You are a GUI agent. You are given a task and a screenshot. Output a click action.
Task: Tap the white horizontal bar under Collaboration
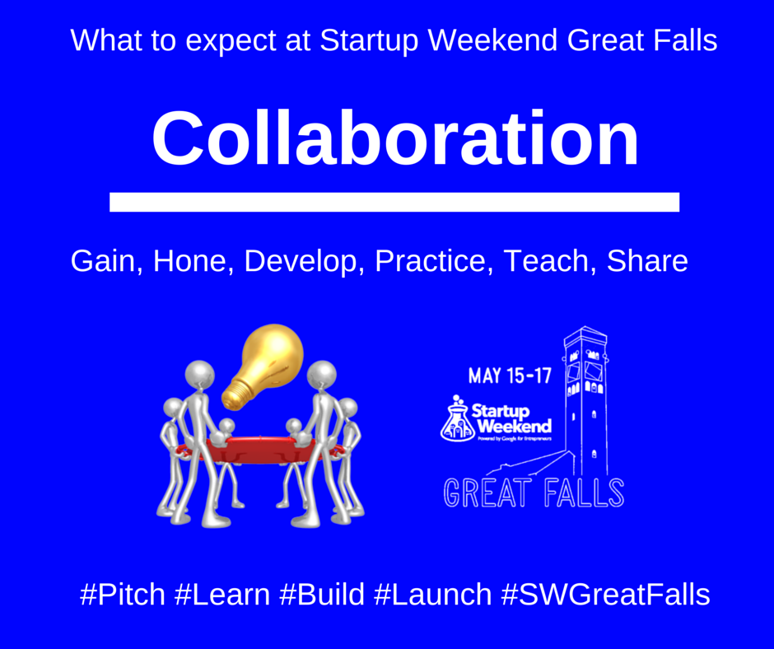tap(394, 202)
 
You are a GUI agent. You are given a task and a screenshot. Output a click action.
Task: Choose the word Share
tap(646, 262)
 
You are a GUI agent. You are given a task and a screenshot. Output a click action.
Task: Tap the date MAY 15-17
tap(510, 376)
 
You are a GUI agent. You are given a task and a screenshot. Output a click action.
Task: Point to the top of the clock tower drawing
tap(585, 339)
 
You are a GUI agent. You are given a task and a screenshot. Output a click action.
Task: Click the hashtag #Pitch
tap(123, 594)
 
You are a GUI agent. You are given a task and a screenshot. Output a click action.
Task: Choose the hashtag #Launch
tap(434, 594)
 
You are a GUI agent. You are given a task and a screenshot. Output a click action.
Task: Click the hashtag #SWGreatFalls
tap(605, 594)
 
